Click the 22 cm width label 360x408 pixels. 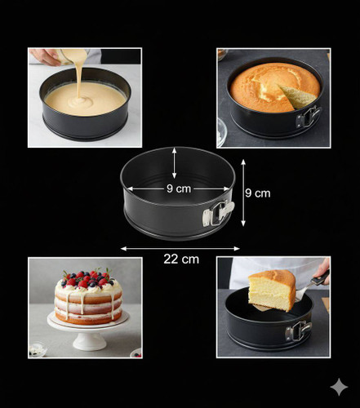pos(181,259)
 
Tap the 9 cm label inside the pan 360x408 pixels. pos(179,188)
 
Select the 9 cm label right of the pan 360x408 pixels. pos(257,193)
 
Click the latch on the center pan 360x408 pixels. pos(218,214)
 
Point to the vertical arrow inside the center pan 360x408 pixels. pos(174,163)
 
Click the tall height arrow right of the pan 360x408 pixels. pos(243,193)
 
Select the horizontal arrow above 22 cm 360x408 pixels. pos(180,248)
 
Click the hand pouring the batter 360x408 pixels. pos(45,57)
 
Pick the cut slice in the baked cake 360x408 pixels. pos(297,96)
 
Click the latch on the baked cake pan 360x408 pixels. pos(309,117)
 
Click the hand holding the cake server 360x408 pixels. pos(322,269)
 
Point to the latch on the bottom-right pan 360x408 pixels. pos(298,331)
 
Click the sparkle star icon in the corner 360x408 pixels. pos(339,387)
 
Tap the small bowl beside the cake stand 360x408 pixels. pos(38,350)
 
